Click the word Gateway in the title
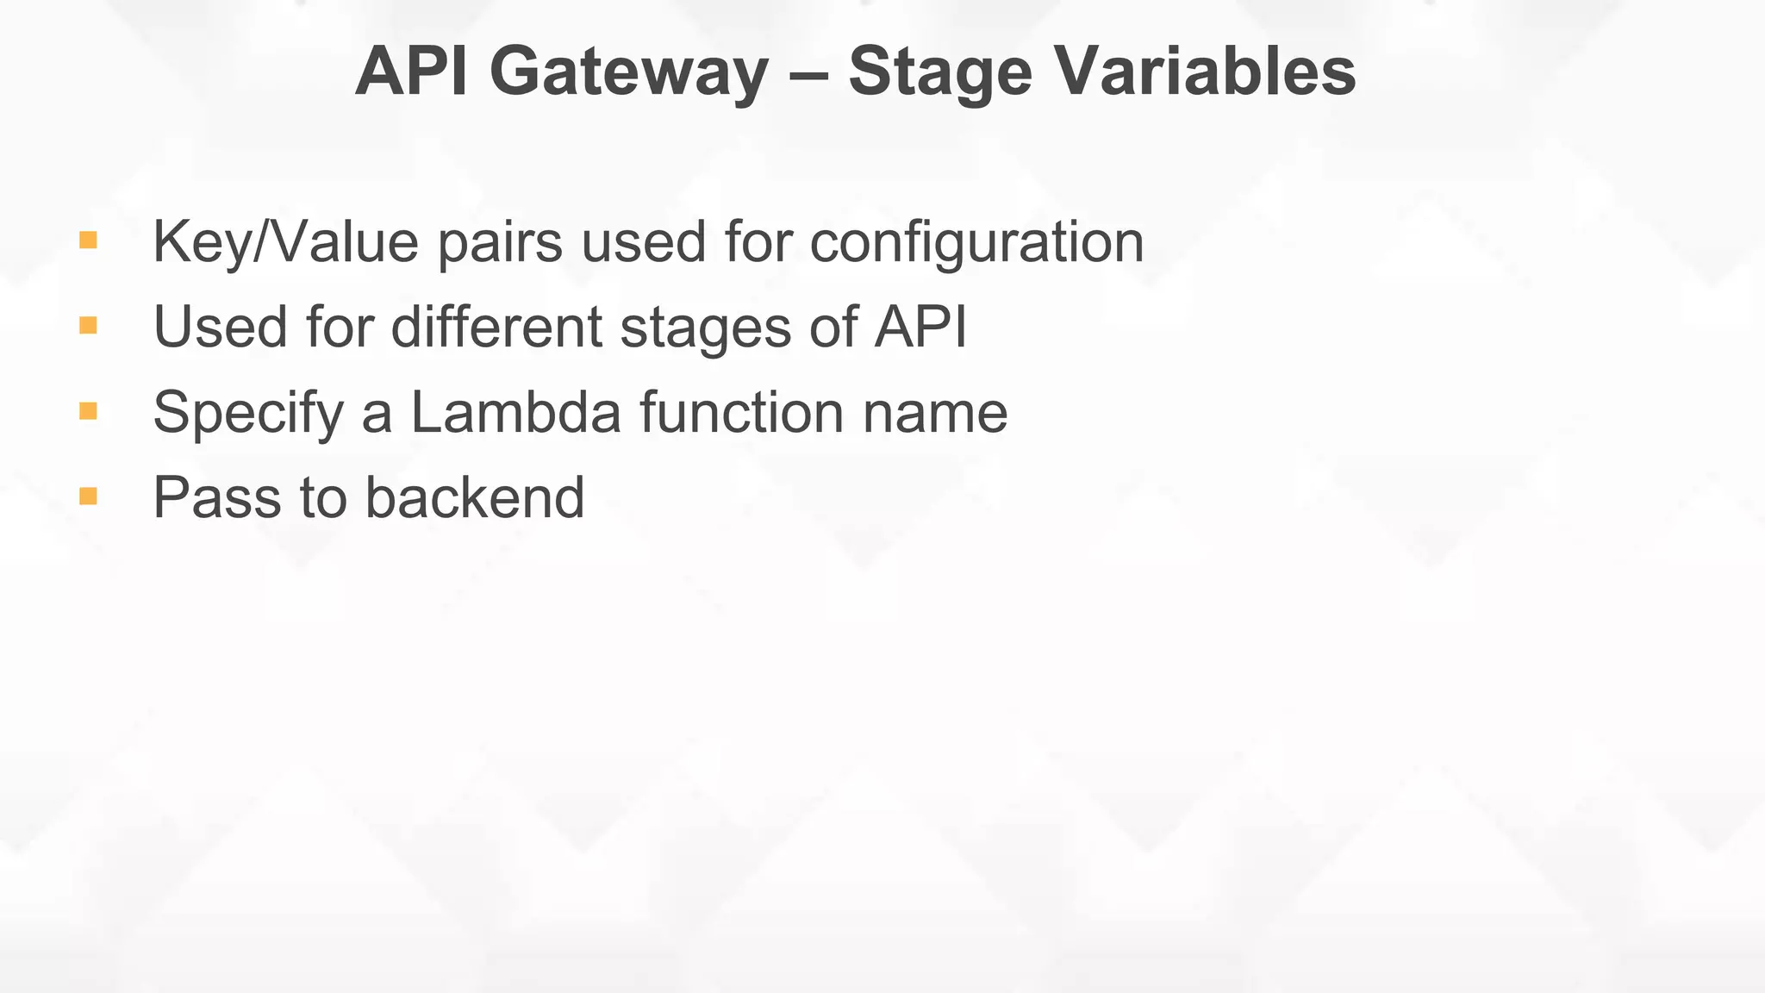(x=628, y=72)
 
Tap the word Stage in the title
(x=940, y=72)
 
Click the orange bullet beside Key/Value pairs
(x=88, y=240)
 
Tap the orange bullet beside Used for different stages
(x=88, y=325)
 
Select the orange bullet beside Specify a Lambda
(x=88, y=410)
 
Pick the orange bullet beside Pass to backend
(x=88, y=496)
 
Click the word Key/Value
(x=285, y=243)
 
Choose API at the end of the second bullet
(x=920, y=328)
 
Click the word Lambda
(x=515, y=413)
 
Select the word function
(x=742, y=413)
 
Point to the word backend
(x=475, y=498)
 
